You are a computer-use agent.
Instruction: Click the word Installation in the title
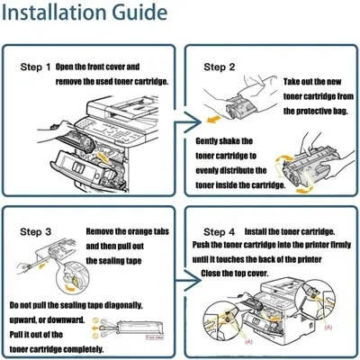55,12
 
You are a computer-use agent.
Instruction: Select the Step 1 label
35,67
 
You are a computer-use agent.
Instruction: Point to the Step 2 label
220,67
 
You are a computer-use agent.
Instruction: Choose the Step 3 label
36,232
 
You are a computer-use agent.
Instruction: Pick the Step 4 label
220,232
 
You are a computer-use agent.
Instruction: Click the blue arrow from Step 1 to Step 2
188,122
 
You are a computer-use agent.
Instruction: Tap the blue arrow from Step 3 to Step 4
188,281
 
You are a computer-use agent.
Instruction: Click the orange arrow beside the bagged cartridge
214,120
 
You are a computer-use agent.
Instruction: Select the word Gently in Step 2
207,141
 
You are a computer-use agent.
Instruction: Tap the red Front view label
155,337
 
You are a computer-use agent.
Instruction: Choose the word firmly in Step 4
340,245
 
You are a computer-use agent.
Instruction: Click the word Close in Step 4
210,274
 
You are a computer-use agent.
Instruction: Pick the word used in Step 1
104,82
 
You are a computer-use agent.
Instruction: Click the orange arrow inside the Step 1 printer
103,157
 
